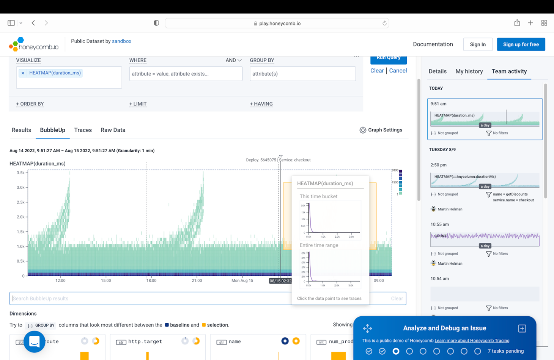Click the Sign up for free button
coord(521,44)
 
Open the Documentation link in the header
coord(433,44)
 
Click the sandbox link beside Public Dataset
coord(121,41)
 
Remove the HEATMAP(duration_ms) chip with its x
coord(23,73)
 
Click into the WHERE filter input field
coord(186,74)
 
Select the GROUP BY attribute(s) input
coord(302,74)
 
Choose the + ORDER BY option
coord(30,104)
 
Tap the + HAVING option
coord(261,104)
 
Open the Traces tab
coord(83,130)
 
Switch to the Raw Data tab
coord(113,130)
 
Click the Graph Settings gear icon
coord(363,130)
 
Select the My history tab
coord(469,71)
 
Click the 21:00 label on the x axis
coord(197,281)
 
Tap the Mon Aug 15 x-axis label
coord(242,281)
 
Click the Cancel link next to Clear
coord(398,71)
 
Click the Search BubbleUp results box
coord(152,298)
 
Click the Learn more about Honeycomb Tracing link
coord(472,341)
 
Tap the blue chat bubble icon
coord(34,341)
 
